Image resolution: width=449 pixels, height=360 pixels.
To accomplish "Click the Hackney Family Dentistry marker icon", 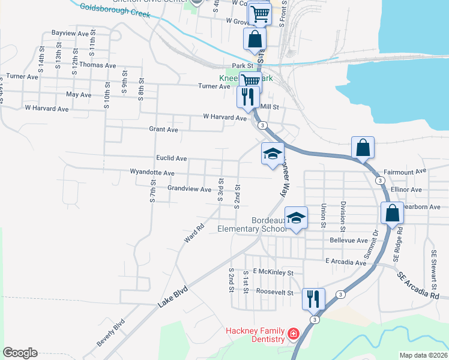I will tap(293, 333).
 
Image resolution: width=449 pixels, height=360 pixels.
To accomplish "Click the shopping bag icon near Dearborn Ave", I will tap(392, 213).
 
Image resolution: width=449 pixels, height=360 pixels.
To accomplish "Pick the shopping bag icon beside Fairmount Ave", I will tap(363, 148).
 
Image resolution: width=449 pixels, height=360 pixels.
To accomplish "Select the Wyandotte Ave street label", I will tap(152, 173).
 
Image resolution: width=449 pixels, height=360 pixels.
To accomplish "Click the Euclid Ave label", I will tap(172, 158).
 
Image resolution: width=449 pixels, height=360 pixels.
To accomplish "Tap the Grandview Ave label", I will tap(189, 189).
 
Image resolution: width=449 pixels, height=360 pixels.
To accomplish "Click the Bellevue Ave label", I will tap(349, 240).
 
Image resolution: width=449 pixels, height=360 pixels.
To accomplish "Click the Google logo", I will tap(20, 353).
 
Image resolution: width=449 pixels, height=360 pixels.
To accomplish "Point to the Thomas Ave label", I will tap(97, 65).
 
